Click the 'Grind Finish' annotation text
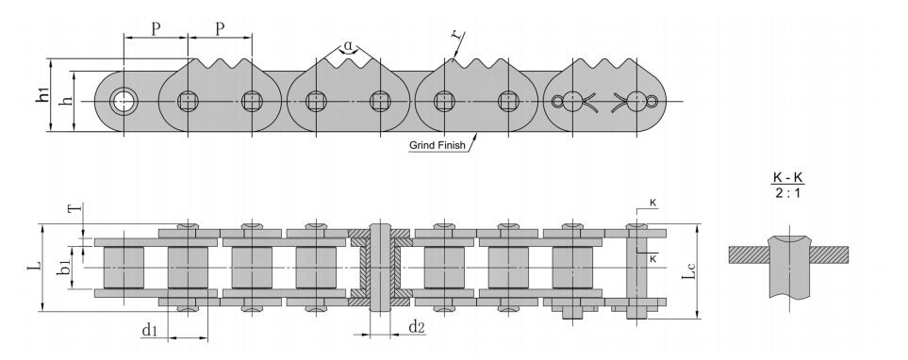coord(437,145)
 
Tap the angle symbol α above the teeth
coord(348,44)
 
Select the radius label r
coord(457,34)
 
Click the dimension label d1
coord(149,330)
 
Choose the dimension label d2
coord(417,327)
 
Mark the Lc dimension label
coord(687,270)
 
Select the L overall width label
coord(36,266)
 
